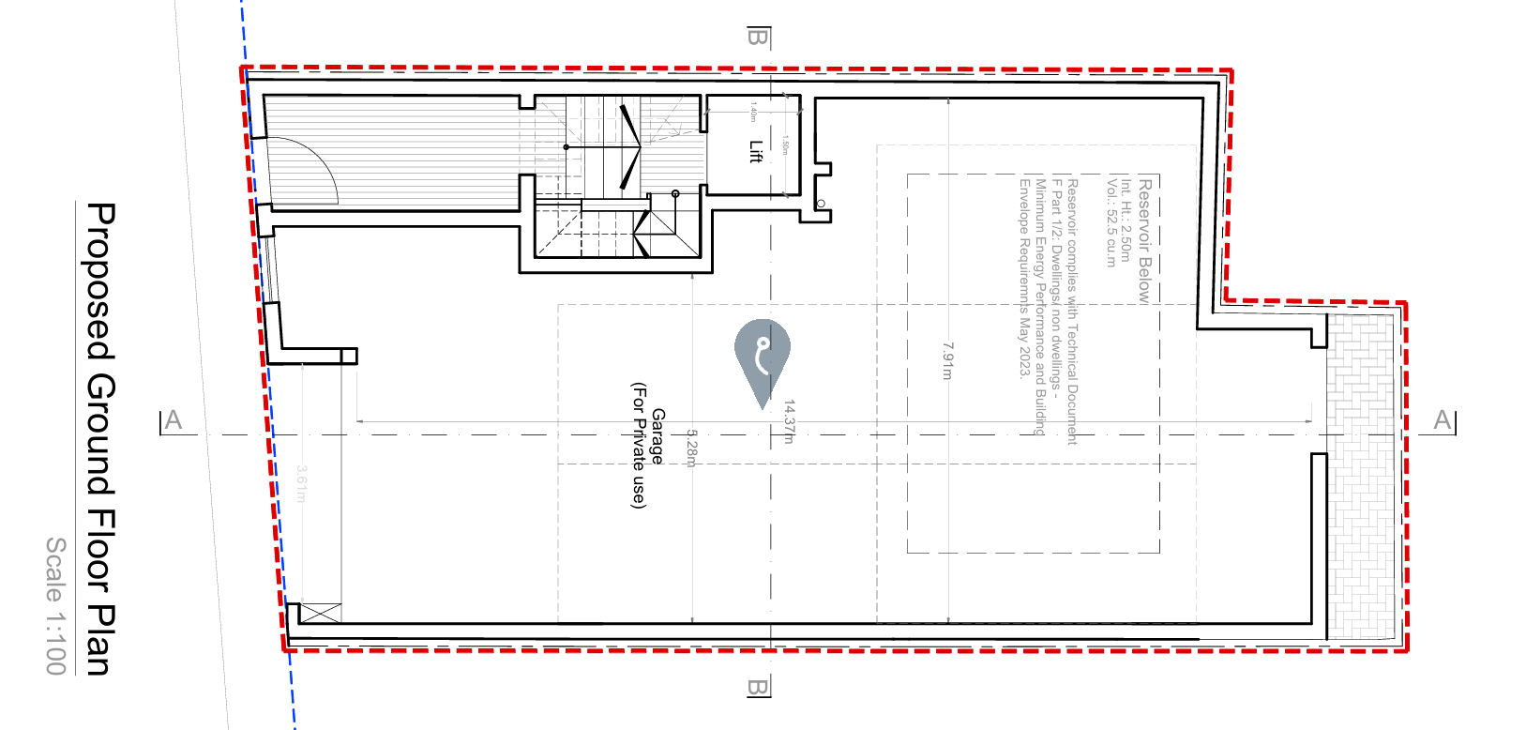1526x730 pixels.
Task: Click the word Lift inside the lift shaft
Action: [x=756, y=152]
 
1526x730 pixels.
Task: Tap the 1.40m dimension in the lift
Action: [x=753, y=113]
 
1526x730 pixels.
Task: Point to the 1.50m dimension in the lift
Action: [x=785, y=145]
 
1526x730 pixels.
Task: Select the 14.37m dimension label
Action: [x=789, y=421]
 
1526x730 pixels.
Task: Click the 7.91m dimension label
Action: [x=947, y=361]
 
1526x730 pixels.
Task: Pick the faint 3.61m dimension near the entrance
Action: [x=301, y=483]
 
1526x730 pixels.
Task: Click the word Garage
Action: [x=657, y=436]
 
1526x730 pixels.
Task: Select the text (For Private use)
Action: [x=639, y=445]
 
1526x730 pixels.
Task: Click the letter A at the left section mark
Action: [x=174, y=420]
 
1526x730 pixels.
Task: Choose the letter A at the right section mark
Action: [x=1443, y=420]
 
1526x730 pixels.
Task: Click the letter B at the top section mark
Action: [x=758, y=38]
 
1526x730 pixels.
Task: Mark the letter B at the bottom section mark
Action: [x=758, y=688]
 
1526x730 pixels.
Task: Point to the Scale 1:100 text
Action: [x=56, y=605]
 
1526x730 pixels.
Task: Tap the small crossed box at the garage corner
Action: [x=321, y=614]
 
